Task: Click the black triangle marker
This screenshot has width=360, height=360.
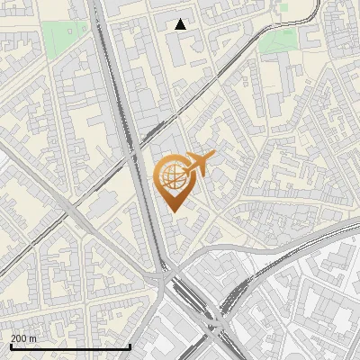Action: pyautogui.click(x=181, y=24)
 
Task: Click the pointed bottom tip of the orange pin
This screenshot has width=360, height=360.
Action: pyautogui.click(x=174, y=212)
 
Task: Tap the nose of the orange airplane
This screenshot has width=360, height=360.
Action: pyautogui.click(x=214, y=156)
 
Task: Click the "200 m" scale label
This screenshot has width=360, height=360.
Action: pyautogui.click(x=23, y=337)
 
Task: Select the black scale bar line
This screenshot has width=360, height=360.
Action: pyautogui.click(x=69, y=346)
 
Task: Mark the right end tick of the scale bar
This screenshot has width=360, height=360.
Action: pyautogui.click(x=130, y=345)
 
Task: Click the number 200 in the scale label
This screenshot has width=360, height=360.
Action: pyautogui.click(x=19, y=337)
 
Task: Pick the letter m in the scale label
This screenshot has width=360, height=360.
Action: pyautogui.click(x=33, y=337)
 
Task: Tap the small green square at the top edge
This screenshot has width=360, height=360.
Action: pyautogui.click(x=283, y=7)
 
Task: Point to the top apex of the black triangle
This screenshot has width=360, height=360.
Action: pyautogui.click(x=181, y=19)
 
